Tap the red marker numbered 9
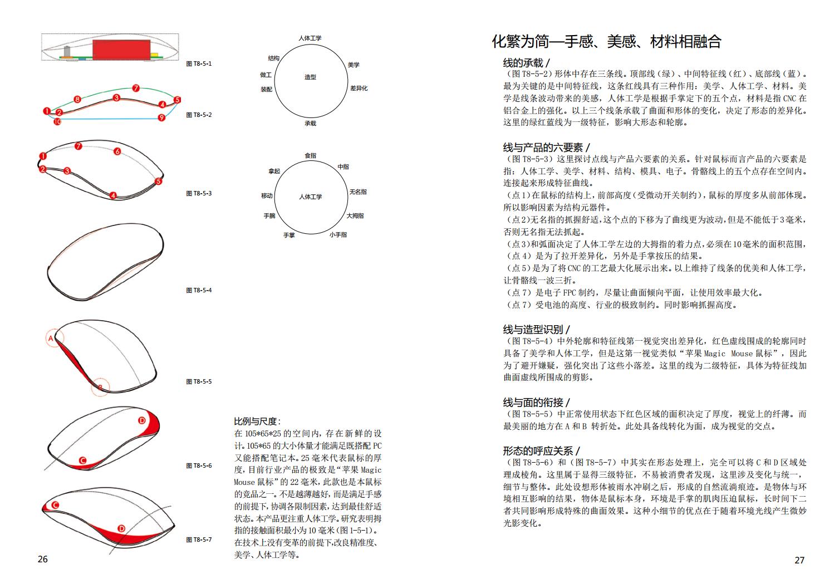pyautogui.click(x=161, y=117)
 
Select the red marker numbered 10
pyautogui.click(x=57, y=121)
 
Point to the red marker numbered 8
pyautogui.click(x=77, y=100)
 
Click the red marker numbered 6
pyautogui.click(x=117, y=151)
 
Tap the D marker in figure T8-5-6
pyautogui.click(x=141, y=420)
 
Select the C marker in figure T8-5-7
pyautogui.click(x=55, y=505)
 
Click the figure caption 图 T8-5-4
pyautogui.click(x=199, y=290)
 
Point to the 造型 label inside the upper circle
pyautogui.click(x=310, y=77)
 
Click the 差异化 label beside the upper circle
pyautogui.click(x=359, y=88)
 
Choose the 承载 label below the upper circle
pyautogui.click(x=310, y=123)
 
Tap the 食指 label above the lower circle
pyautogui.click(x=310, y=155)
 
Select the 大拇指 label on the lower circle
pyautogui.click(x=355, y=215)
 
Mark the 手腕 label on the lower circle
pyautogui.click(x=269, y=215)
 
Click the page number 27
pyautogui.click(x=799, y=560)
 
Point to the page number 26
pyautogui.click(x=43, y=559)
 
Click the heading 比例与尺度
pyautogui.click(x=257, y=421)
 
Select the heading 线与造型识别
pyautogui.click(x=536, y=329)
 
